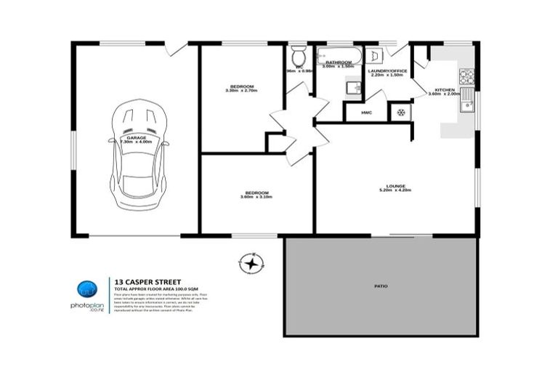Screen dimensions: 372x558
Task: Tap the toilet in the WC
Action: [x=297, y=56]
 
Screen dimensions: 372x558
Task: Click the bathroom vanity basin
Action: [x=352, y=88]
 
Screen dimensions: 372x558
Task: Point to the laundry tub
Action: [x=373, y=56]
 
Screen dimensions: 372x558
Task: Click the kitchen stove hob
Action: [x=466, y=75]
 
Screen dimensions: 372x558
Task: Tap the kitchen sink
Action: [x=466, y=102]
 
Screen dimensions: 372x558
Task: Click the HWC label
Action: [x=367, y=113]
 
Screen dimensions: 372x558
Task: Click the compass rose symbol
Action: [x=251, y=264]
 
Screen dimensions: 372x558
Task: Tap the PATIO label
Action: [x=381, y=287]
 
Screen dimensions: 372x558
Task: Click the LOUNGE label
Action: [x=395, y=185]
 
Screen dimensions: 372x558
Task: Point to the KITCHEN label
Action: [x=444, y=89]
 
